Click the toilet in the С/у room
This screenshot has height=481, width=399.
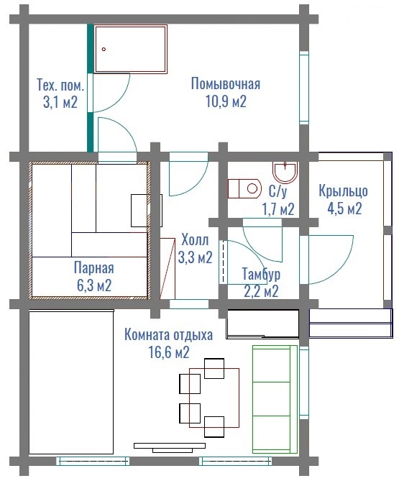point(244,188)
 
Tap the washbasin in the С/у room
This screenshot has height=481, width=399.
point(285,173)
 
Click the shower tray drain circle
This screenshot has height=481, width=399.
point(104,49)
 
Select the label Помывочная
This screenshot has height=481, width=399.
point(226,83)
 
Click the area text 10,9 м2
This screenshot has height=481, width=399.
point(226,101)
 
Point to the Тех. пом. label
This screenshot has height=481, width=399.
point(60,85)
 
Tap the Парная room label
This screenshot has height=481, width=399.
point(94,267)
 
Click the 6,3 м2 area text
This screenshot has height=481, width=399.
point(94,285)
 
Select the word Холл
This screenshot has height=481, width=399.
point(195,239)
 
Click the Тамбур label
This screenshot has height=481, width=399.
point(261,274)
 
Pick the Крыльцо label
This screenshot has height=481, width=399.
point(343,191)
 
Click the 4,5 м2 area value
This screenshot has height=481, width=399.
point(344,209)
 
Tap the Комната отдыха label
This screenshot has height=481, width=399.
point(168,334)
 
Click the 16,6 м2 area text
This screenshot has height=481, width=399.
point(169,352)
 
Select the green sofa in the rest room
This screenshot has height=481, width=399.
point(275,399)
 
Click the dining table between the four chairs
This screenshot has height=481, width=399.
point(214,398)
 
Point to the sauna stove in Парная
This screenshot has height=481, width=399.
point(147,211)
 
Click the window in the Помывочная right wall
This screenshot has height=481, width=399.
point(304,88)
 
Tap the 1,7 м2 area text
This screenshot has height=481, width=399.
point(278,209)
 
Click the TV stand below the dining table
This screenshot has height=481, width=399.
point(170,447)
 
